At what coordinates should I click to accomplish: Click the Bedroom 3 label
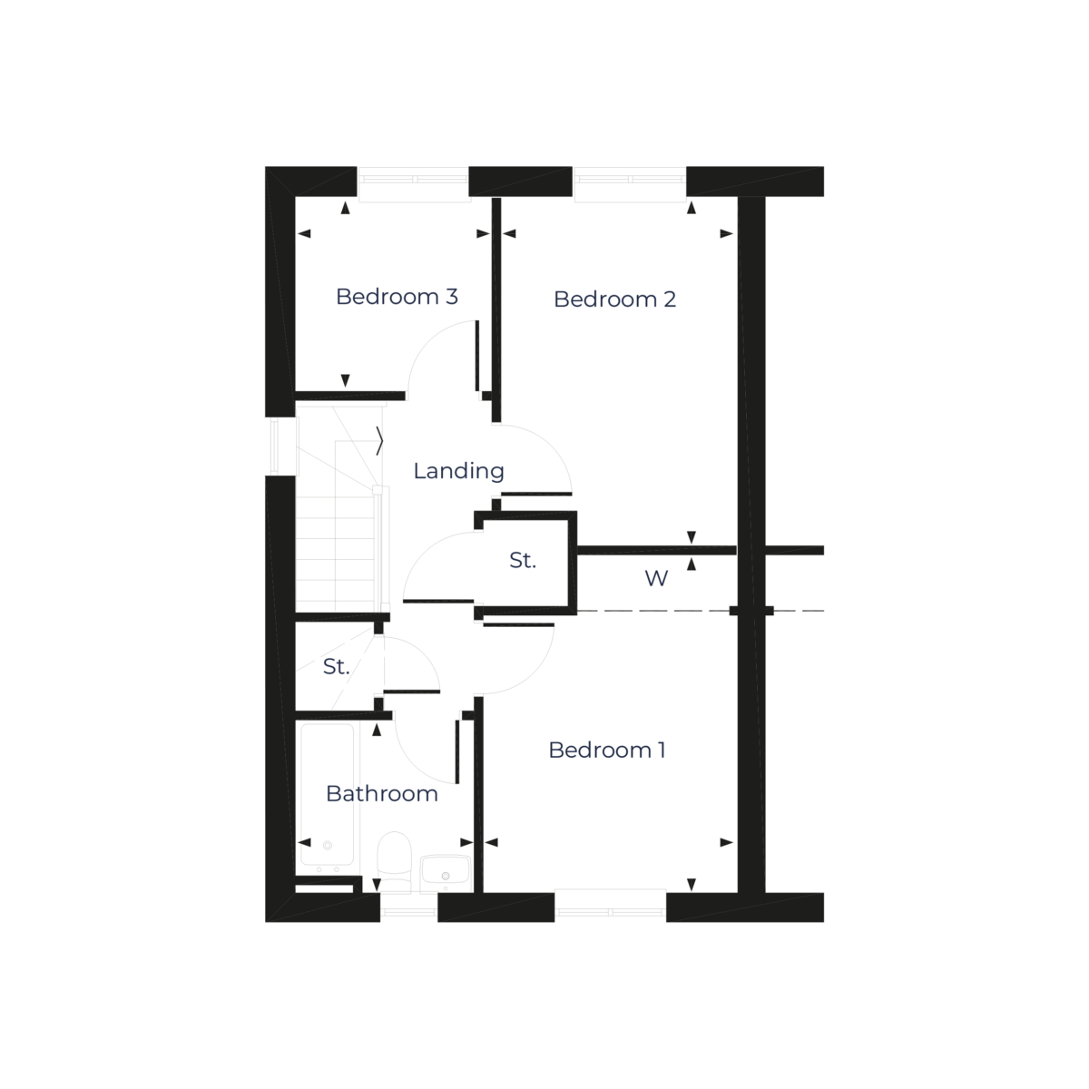[397, 297]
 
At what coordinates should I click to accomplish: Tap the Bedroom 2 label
[614, 299]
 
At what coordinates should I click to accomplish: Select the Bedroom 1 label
[607, 751]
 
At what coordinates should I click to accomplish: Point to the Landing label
[458, 471]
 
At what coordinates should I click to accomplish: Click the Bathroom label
[382, 794]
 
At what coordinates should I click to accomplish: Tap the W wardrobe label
[656, 579]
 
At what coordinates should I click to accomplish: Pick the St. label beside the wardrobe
[522, 562]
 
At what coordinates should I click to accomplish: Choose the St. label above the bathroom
[336, 667]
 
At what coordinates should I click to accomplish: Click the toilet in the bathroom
[394, 862]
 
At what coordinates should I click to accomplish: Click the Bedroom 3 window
[414, 185]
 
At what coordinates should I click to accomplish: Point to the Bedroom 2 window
[630, 185]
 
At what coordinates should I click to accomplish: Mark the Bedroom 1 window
[610, 903]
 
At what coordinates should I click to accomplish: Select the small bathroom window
[408, 905]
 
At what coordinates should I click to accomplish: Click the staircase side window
[282, 446]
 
